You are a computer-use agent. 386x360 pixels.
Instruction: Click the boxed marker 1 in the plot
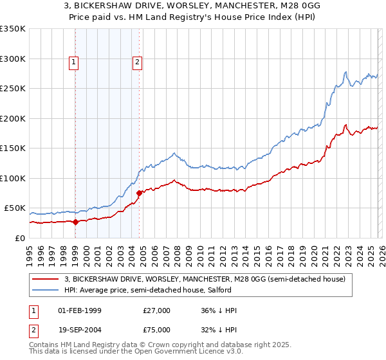[x=75, y=62]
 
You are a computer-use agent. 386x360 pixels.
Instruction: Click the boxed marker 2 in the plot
[x=138, y=62]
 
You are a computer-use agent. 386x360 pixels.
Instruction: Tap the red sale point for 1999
[x=75, y=222]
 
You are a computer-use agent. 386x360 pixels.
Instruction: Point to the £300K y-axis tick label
[x=13, y=59]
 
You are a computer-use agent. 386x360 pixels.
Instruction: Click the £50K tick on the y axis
[x=15, y=208]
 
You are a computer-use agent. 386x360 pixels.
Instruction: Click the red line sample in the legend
[x=45, y=279]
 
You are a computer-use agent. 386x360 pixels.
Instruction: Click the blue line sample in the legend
[x=45, y=290]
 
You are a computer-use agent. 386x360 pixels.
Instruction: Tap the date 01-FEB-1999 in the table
[x=80, y=310]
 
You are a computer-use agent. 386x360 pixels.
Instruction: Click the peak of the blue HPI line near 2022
[x=346, y=71]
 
